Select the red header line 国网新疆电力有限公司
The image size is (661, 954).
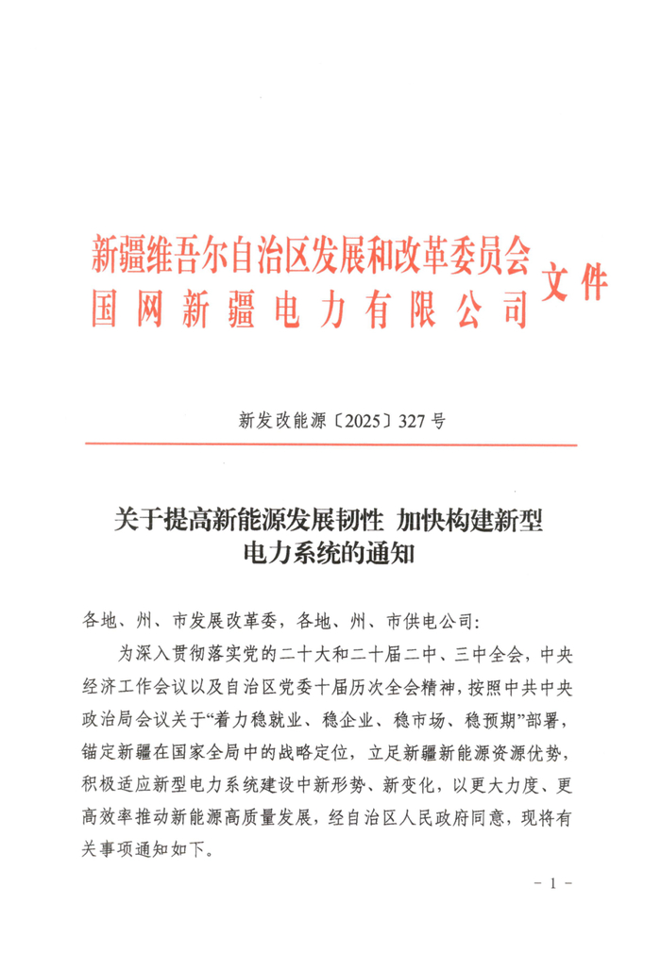coord(310,309)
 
